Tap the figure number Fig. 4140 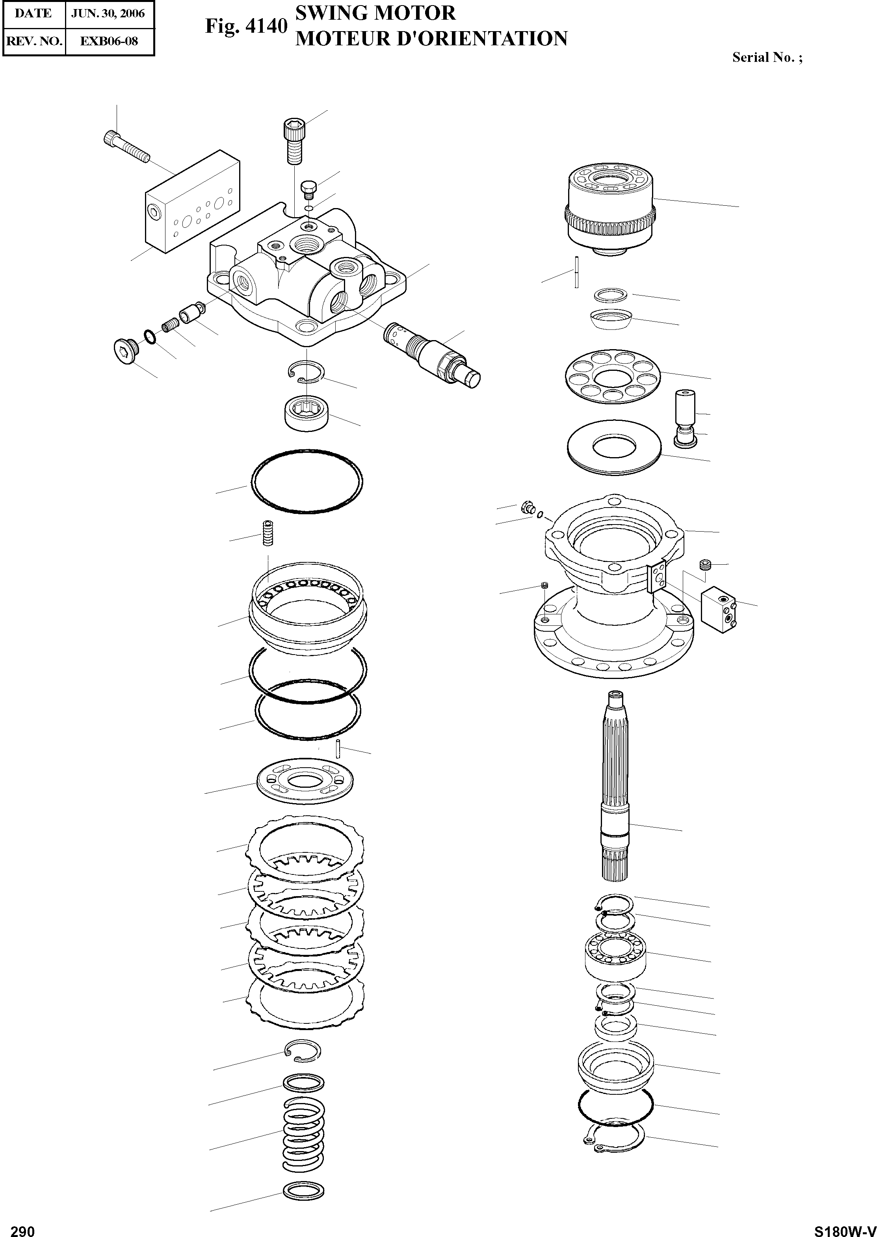246,26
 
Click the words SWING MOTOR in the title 375,13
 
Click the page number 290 23,1227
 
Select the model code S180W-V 845,1227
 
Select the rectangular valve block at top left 192,203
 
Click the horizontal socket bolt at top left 125,146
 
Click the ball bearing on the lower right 616,954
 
